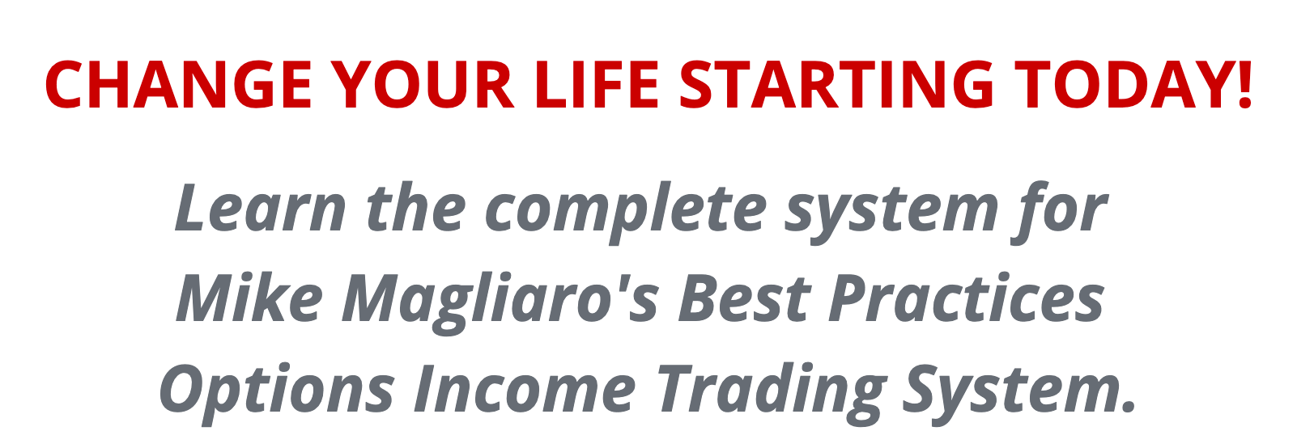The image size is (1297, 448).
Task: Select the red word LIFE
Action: (597, 85)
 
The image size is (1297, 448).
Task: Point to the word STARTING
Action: (836, 85)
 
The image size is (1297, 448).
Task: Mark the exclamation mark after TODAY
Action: (1245, 85)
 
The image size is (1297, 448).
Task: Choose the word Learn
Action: (260, 208)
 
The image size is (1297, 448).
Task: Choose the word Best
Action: (745, 298)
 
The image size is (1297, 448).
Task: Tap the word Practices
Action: (967, 297)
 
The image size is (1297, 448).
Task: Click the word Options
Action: (277, 393)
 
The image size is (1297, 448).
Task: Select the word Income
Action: (524, 388)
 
